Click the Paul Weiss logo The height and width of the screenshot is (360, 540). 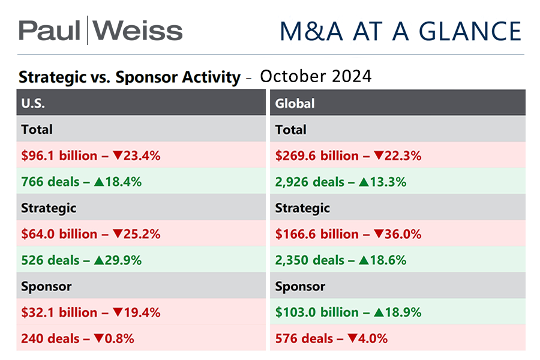click(100, 30)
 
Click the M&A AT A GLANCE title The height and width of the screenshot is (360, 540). click(400, 31)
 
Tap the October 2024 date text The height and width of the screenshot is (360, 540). click(316, 77)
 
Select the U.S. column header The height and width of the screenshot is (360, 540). click(34, 103)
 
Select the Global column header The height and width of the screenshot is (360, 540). click(295, 103)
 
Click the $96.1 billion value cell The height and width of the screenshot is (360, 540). click(91, 155)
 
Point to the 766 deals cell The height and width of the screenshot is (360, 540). click(81, 182)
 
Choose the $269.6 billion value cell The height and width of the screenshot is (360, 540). click(348, 155)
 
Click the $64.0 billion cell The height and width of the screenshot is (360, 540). click(91, 234)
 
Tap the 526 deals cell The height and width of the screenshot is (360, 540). click(81, 260)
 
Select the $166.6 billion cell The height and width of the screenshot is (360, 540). click(348, 234)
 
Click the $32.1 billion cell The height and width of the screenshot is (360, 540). click(91, 313)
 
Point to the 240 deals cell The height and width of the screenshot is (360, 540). click(77, 338)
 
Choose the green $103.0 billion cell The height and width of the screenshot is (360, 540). click(348, 313)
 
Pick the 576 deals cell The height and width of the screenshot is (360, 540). click(331, 338)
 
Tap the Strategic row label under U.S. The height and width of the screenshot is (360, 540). click(49, 208)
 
